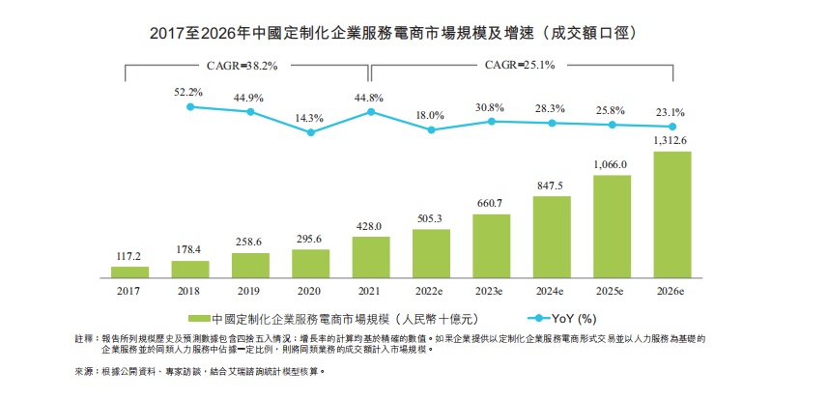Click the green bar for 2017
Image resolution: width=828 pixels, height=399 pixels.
pyautogui.click(x=130, y=272)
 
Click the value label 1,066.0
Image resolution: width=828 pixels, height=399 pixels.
pyautogui.click(x=612, y=164)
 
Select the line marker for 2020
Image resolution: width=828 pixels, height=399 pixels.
pyautogui.click(x=311, y=131)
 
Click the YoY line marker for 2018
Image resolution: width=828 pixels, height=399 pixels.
pyautogui.click(x=190, y=106)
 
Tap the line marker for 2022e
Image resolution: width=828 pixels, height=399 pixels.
pyautogui.click(x=431, y=129)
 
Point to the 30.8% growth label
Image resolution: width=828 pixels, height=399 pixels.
pyautogui.click(x=491, y=106)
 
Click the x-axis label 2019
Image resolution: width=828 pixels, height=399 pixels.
pyautogui.click(x=250, y=290)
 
